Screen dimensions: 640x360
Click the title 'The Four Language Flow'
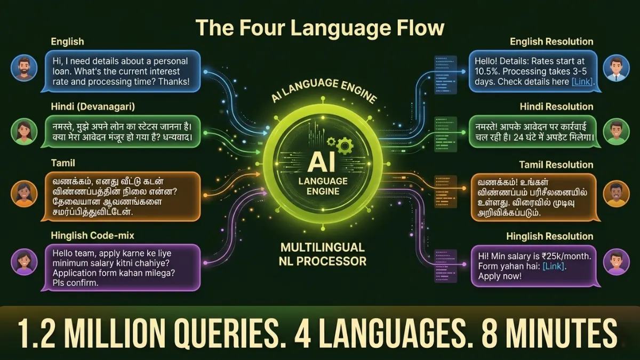tap(320, 28)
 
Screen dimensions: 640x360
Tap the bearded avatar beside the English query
tap(24, 68)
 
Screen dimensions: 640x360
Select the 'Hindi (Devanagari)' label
tap(93, 107)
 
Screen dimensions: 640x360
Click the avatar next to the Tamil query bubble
tap(24, 194)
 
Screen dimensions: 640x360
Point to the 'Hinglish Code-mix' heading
tap(93, 235)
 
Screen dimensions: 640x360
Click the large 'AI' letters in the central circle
tap(322, 162)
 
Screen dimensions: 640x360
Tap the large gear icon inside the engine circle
tap(345, 146)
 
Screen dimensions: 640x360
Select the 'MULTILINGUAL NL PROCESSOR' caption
tap(323, 254)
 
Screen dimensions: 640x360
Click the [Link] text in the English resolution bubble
tap(582, 82)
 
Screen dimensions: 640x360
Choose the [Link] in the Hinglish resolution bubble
tap(554, 266)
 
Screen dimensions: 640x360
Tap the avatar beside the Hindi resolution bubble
tap(617, 132)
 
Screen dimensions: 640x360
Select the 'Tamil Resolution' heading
tap(556, 165)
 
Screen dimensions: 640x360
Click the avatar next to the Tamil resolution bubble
tap(617, 194)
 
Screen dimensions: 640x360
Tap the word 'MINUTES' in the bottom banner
tap(549, 334)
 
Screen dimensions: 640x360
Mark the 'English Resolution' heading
tap(551, 42)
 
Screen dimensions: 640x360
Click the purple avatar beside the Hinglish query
tap(24, 262)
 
